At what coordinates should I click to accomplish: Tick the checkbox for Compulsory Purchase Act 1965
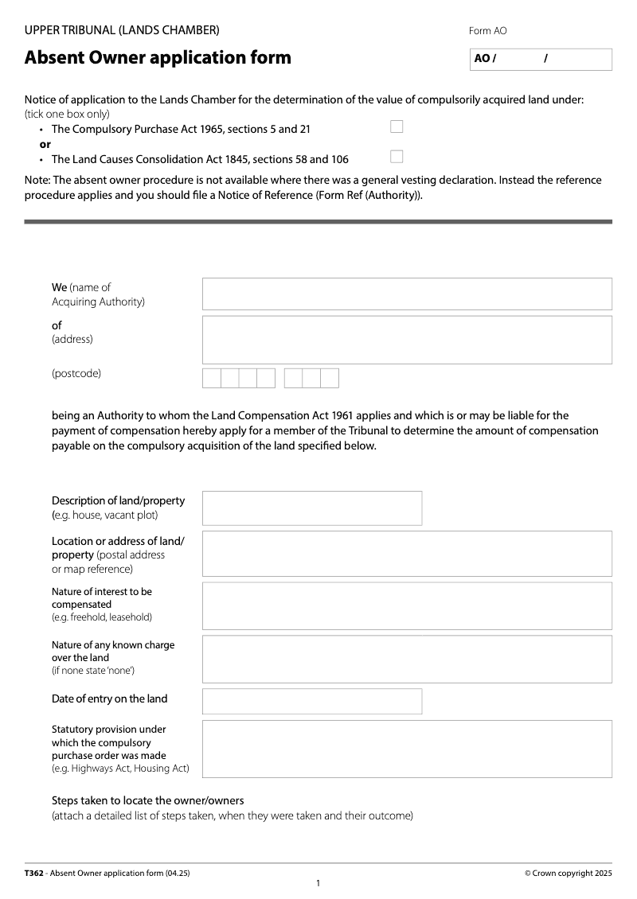point(397,126)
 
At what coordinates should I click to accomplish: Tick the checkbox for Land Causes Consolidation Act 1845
point(397,157)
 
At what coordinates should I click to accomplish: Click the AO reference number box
point(541,59)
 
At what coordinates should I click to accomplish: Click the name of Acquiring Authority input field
point(407,294)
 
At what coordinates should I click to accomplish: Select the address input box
point(407,340)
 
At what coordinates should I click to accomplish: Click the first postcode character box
point(212,378)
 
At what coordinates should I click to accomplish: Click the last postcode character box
point(330,378)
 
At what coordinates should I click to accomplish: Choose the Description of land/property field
point(312,508)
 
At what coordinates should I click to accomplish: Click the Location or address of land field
point(407,554)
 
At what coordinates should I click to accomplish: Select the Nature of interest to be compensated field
point(407,605)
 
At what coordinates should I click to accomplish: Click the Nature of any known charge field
point(407,659)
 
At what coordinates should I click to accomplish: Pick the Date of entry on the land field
point(312,701)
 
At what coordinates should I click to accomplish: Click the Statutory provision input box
point(407,749)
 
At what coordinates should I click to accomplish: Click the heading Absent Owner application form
point(158,57)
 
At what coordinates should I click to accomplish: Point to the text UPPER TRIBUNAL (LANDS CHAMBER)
point(122,30)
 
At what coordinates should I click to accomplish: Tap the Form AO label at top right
point(487,31)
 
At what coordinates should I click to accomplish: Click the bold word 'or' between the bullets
point(45,144)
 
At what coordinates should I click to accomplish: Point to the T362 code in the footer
point(34,873)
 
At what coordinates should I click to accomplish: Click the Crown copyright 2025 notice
point(568,873)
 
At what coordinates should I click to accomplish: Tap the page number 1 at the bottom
point(318,884)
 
